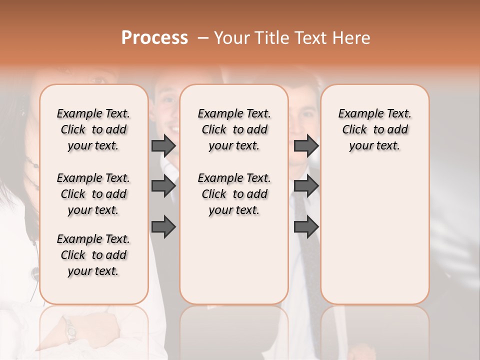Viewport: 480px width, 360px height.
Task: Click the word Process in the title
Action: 154,37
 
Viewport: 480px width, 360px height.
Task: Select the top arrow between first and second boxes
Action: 163,146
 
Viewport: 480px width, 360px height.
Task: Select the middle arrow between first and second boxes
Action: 163,186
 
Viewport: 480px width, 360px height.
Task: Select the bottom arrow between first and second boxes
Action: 163,227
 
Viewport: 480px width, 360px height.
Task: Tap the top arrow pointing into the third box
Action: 306,146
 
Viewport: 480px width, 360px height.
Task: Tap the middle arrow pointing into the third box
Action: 306,186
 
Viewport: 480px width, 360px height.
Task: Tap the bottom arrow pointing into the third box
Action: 306,227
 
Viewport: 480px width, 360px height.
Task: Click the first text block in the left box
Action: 93,129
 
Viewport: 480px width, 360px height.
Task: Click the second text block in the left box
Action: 93,194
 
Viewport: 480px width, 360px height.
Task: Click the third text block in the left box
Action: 93,255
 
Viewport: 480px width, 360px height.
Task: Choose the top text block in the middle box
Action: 234,129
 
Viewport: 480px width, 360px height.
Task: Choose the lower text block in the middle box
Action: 234,194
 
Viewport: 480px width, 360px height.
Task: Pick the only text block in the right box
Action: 374,129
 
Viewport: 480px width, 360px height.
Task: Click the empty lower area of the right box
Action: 374,235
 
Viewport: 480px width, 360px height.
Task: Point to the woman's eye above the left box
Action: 97,78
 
